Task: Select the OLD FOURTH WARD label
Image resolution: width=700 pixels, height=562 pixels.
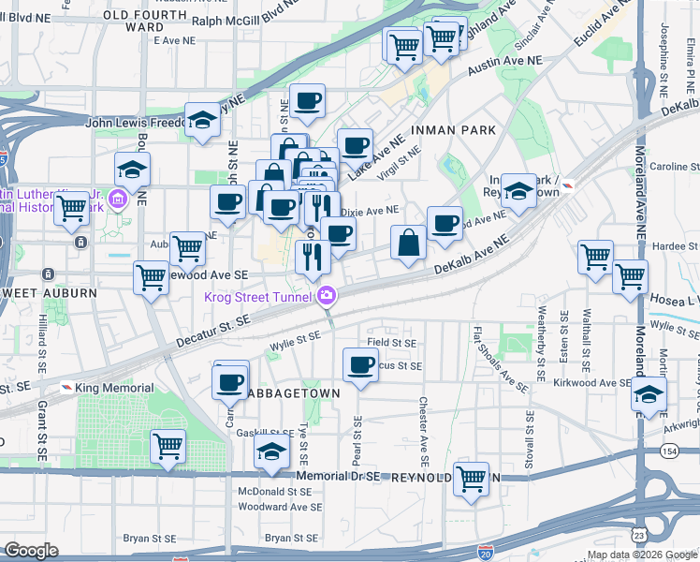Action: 146,21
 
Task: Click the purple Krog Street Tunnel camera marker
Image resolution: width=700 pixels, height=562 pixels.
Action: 326,296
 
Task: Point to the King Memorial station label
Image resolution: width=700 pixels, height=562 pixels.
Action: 107,388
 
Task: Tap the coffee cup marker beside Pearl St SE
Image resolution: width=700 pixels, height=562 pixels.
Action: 359,366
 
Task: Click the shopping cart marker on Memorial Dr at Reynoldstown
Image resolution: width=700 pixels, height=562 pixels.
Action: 471,479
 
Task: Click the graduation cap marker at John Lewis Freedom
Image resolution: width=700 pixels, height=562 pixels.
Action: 202,120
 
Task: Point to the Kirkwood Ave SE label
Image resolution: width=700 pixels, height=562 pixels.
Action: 591,383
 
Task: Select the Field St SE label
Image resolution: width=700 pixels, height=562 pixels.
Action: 390,343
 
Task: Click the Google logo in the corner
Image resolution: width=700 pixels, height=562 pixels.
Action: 31,551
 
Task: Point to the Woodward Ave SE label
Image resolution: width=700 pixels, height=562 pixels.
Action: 279,507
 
